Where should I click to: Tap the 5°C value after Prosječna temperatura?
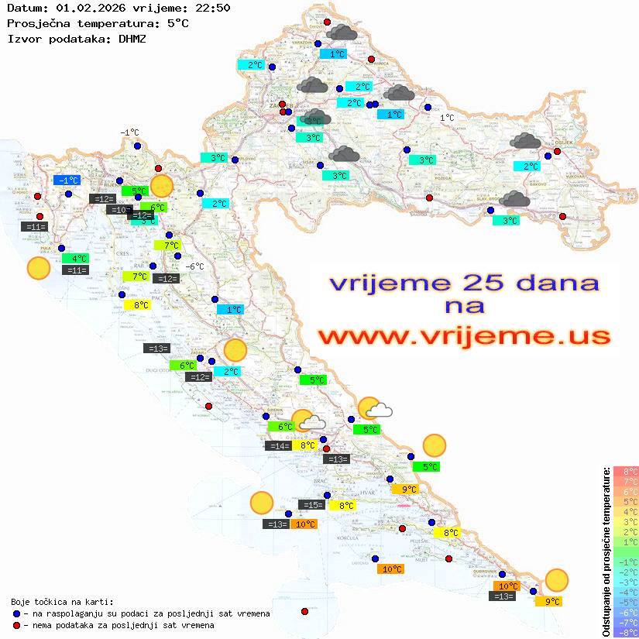click(x=177, y=23)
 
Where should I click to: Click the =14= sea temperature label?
click(x=278, y=445)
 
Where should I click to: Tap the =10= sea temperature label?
click(x=119, y=210)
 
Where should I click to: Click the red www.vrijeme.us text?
click(x=463, y=337)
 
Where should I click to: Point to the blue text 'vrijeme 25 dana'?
click(x=463, y=283)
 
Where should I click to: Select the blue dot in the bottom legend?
click(x=17, y=613)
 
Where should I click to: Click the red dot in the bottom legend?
click(x=17, y=625)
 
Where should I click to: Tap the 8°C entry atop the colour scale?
click(x=625, y=471)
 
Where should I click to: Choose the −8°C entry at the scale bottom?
click(x=625, y=632)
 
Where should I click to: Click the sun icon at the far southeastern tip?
click(x=556, y=579)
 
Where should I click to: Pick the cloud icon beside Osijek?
click(x=525, y=141)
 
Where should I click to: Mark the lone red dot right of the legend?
click(x=304, y=612)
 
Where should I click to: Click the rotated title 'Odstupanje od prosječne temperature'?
click(x=606, y=551)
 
